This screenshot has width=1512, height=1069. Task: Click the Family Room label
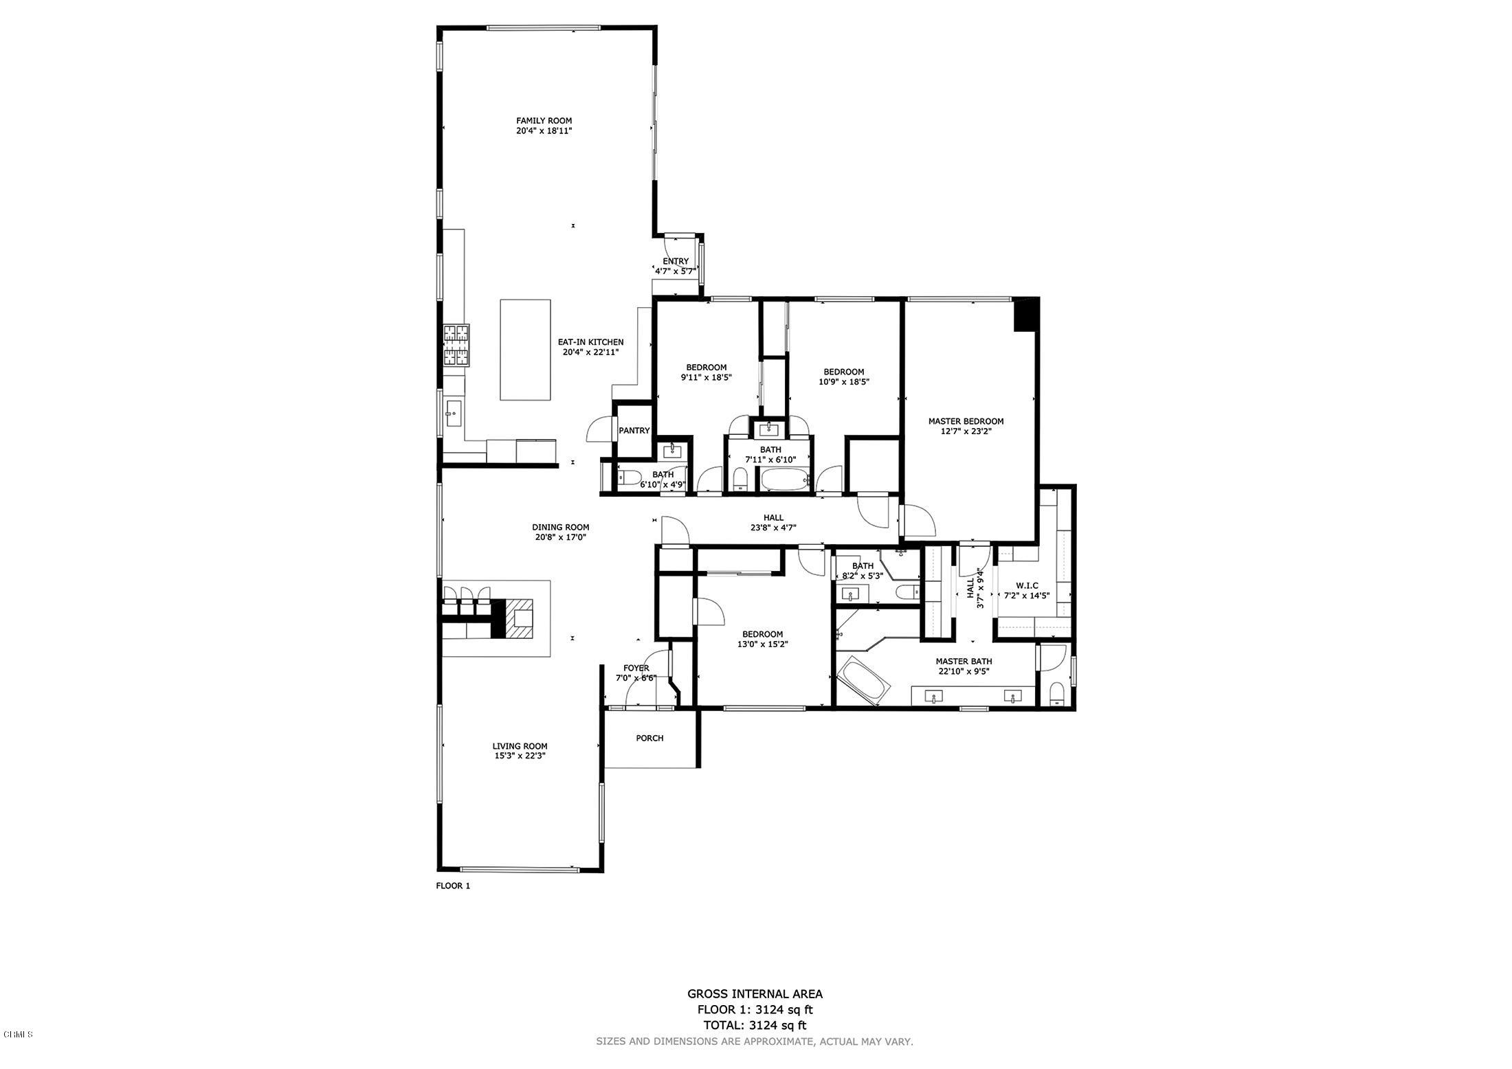coord(544,121)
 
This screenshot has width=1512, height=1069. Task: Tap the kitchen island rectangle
coord(525,349)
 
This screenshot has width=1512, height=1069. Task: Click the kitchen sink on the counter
coord(452,413)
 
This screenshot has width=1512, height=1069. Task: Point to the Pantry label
coord(634,431)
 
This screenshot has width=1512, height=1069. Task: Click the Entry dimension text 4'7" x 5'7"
coord(676,271)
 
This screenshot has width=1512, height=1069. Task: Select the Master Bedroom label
coord(966,421)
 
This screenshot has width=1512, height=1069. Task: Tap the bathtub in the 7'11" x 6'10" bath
coord(786,480)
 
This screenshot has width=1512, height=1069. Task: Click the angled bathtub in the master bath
coord(864,680)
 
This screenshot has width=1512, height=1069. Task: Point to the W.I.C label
coord(1027,585)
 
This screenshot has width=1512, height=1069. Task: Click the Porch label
coord(649,738)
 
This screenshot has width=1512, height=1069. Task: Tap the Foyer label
coord(636,668)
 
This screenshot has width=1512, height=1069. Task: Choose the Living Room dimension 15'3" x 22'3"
coord(520,756)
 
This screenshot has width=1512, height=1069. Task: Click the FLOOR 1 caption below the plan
coord(453,886)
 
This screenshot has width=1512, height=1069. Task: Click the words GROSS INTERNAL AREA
coord(755,993)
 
